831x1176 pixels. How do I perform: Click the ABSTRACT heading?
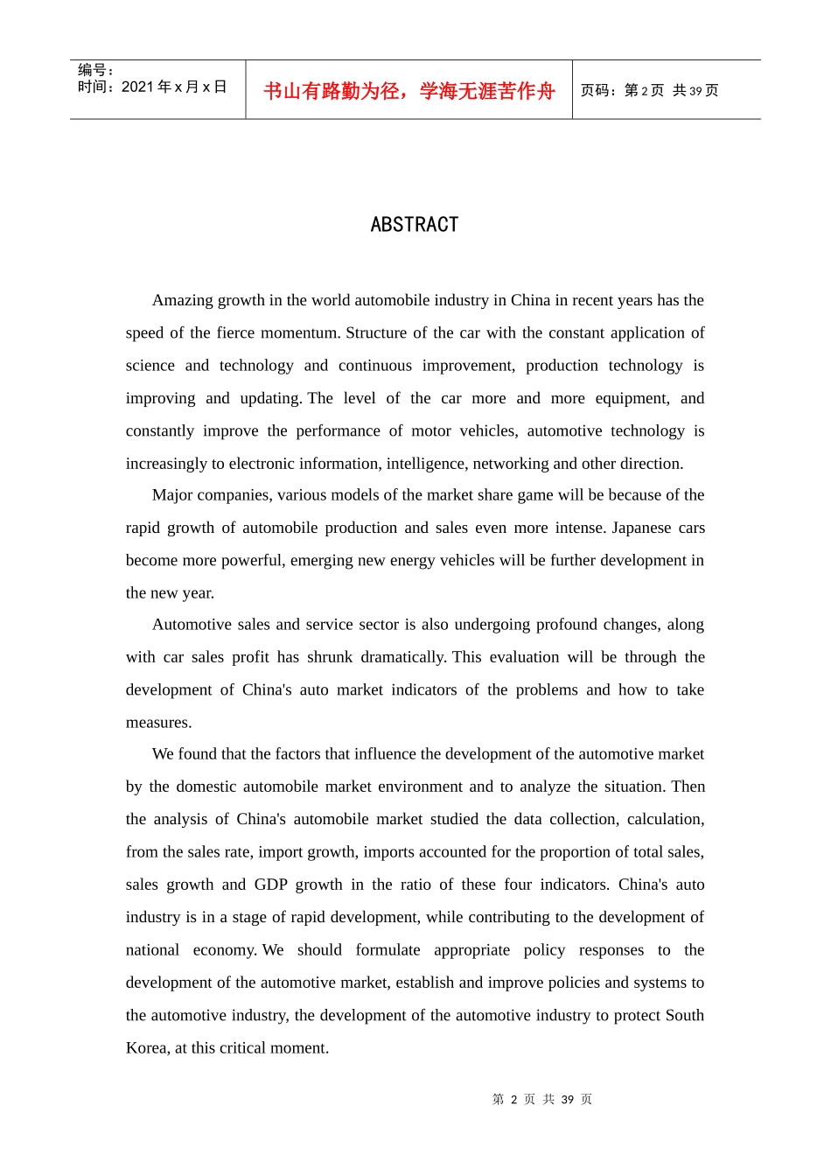tap(415, 225)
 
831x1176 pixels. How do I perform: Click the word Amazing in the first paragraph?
tap(181, 300)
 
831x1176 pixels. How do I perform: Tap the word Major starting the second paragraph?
tap(172, 495)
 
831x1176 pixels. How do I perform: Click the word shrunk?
tap(330, 657)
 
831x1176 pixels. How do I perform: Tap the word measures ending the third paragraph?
tap(157, 723)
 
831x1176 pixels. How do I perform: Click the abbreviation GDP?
tap(271, 885)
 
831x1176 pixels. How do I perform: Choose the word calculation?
tap(665, 819)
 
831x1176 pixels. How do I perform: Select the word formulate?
tap(388, 950)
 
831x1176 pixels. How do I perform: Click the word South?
tap(684, 1015)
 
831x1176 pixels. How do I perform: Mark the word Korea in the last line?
tap(146, 1048)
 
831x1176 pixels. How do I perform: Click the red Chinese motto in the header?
tap(409, 91)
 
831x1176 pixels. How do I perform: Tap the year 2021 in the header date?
tap(137, 87)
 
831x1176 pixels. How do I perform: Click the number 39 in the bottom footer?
tap(568, 1100)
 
